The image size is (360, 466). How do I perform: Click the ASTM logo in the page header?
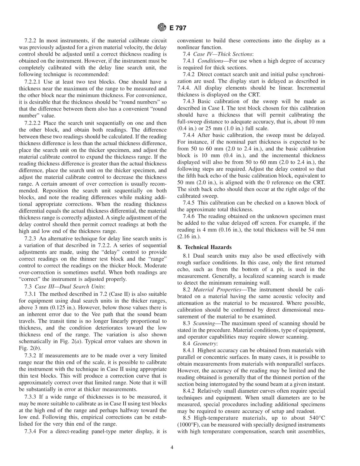[161, 28]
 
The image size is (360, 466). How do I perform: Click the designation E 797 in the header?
[178, 28]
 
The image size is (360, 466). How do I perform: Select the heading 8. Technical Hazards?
[204, 247]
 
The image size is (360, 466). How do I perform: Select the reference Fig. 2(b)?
[29, 348]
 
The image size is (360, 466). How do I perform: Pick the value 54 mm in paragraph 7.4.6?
[318, 230]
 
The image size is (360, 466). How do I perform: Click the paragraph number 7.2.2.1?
[33, 82]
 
